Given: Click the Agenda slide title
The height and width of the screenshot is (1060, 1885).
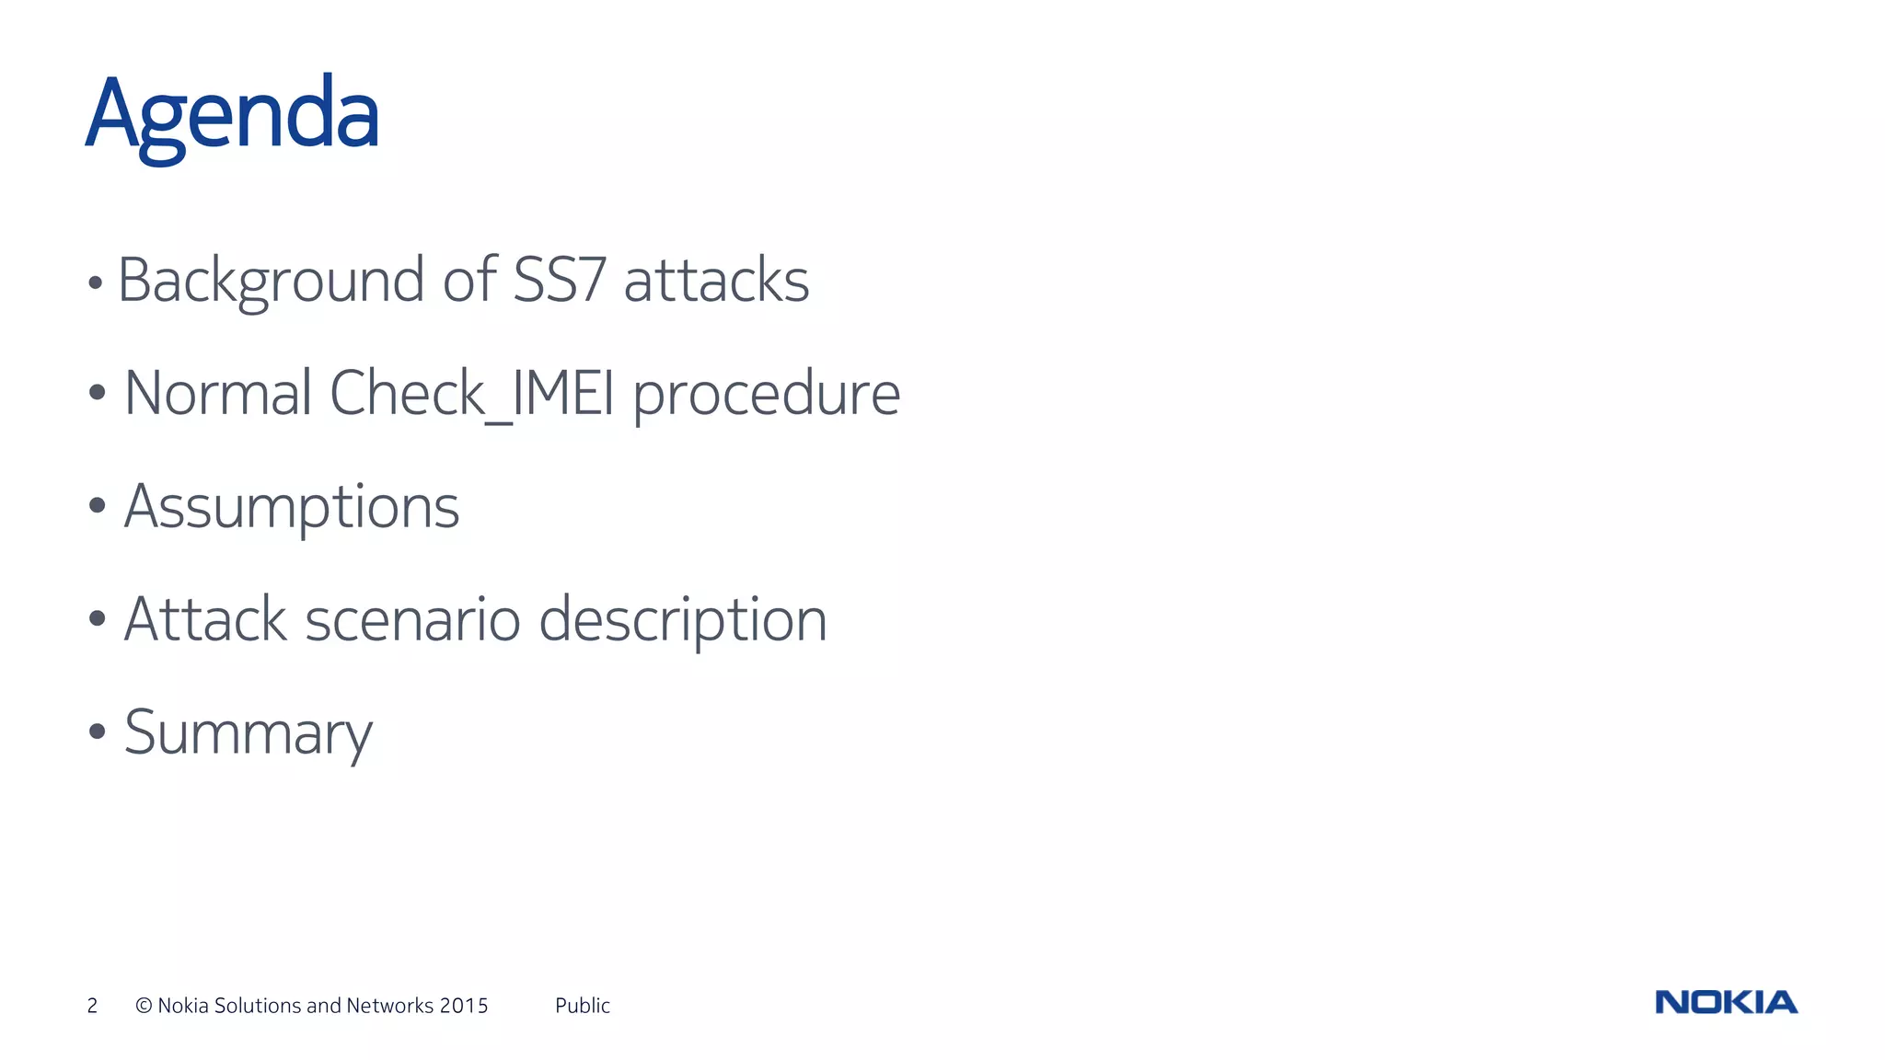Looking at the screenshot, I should (232, 116).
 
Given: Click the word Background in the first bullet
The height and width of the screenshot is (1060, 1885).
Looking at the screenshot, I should (271, 281).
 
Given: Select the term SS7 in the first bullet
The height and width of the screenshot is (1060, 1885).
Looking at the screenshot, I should (559, 280).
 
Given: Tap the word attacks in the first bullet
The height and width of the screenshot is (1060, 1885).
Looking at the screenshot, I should (716, 281).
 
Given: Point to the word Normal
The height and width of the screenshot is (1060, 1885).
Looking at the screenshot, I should (217, 394).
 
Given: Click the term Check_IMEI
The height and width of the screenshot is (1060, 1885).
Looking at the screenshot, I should (471, 394).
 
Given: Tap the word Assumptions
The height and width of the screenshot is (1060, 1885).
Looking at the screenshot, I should (291, 507).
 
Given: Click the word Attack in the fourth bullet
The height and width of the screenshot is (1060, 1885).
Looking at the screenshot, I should (205, 619).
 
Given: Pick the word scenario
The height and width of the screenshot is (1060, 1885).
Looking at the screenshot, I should (413, 619).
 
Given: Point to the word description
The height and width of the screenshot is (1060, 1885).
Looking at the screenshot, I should (682, 621).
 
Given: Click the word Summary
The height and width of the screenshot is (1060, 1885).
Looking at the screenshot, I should (248, 733).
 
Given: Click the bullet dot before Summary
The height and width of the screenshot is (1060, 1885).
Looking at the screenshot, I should (98, 733).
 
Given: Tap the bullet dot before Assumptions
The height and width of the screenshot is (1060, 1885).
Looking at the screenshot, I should (98, 505).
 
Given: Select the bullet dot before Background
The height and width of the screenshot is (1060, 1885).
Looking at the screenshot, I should (95, 283).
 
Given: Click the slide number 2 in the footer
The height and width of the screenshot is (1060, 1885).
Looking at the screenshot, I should (92, 1006).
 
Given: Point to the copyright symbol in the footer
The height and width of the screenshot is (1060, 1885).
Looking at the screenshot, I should (144, 1006).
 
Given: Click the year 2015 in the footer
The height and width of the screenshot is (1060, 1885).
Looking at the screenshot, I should (463, 1006).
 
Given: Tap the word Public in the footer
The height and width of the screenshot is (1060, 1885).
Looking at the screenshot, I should (582, 1006).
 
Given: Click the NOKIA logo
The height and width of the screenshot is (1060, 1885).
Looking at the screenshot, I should (1726, 1002).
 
